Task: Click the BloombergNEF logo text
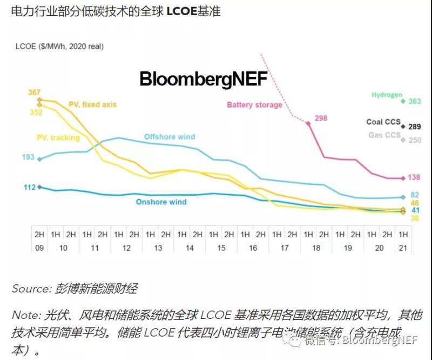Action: pos(204,79)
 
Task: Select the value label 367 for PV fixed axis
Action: pos(35,92)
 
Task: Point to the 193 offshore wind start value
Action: pos(28,157)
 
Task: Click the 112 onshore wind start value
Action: pos(29,187)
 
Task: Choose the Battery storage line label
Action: pos(254,105)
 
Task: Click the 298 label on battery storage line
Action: pos(321,118)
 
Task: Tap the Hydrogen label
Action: pos(387,95)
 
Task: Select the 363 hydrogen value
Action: pos(414,101)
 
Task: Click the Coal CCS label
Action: pos(383,122)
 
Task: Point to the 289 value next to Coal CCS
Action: pos(414,127)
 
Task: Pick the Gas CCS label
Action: pos(384,135)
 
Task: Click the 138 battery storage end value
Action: pos(414,177)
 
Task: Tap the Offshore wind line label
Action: pos(169,137)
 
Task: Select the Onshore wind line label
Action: pos(161,202)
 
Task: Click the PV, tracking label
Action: pos(58,138)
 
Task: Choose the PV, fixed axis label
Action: pos(92,104)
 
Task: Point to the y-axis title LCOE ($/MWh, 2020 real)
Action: pos(59,46)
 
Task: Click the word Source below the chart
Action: pos(30,289)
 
